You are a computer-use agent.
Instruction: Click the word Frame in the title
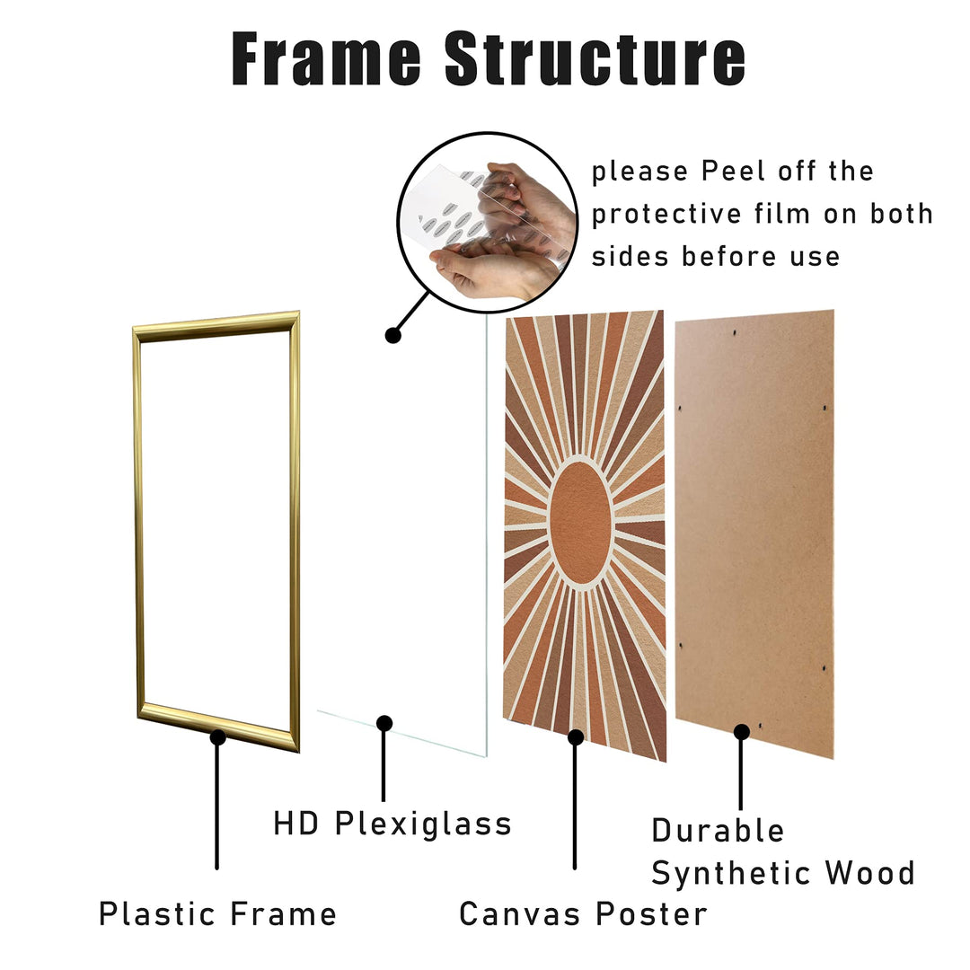tap(326, 58)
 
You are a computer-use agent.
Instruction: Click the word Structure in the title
tap(595, 58)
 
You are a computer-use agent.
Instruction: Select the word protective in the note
tap(666, 215)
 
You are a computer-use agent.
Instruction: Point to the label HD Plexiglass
tap(392, 824)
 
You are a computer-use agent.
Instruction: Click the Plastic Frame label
tap(217, 913)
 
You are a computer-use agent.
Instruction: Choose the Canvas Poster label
tap(583, 913)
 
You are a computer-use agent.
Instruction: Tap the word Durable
tap(718, 830)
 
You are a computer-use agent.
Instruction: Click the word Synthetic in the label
tap(732, 874)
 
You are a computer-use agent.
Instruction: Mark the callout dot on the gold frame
tap(217, 737)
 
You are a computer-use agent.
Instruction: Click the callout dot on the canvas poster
tap(576, 736)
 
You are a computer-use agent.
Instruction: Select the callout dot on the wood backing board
tap(742, 733)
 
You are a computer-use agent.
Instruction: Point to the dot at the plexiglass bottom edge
tap(384, 723)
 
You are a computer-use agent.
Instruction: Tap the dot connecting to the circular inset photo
tap(392, 335)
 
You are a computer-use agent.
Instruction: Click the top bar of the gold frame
tap(216, 326)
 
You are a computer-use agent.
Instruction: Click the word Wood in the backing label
tap(869, 873)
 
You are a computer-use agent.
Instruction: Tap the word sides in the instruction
tap(630, 256)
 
